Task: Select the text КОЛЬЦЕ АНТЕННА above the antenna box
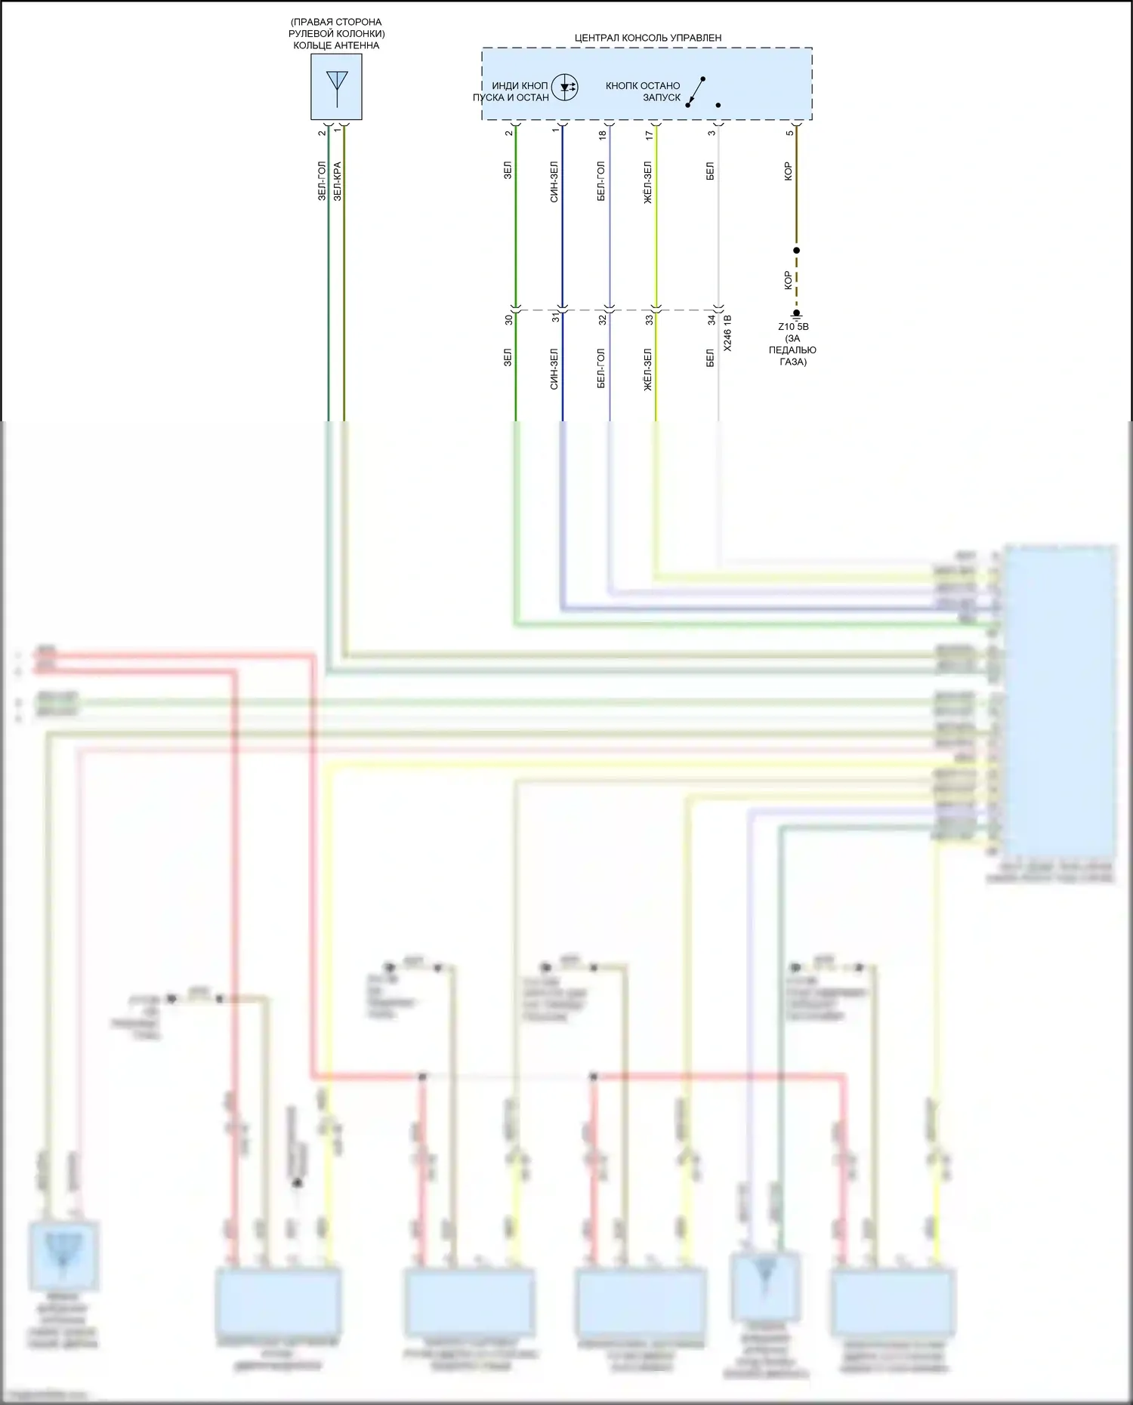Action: (x=336, y=45)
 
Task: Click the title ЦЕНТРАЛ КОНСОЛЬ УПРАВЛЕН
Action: (x=647, y=38)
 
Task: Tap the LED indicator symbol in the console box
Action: (x=564, y=88)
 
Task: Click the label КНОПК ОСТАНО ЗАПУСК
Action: (x=643, y=91)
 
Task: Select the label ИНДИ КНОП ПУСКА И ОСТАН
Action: (x=511, y=91)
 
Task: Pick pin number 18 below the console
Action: (x=602, y=134)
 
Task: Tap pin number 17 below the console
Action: (x=649, y=134)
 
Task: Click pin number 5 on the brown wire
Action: (x=789, y=134)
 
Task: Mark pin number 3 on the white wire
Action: (x=711, y=134)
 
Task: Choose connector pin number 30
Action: (x=508, y=320)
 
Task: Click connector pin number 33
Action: (x=649, y=320)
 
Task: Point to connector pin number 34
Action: (x=711, y=320)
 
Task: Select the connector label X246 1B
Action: (x=727, y=333)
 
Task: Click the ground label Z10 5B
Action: (x=793, y=327)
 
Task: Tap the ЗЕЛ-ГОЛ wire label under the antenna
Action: (x=322, y=180)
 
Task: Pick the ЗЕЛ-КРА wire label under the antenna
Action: (x=338, y=180)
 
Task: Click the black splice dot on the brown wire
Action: (x=796, y=250)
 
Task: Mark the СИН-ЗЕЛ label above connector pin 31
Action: (x=554, y=181)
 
